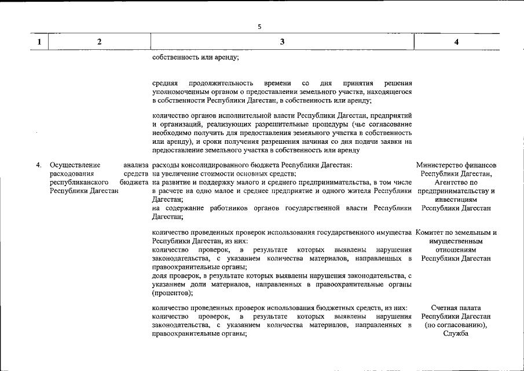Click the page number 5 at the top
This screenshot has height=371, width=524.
click(x=260, y=27)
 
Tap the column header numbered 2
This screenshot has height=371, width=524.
click(x=100, y=42)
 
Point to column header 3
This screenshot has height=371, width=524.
click(x=282, y=42)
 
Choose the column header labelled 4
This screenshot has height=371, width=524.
click(x=457, y=42)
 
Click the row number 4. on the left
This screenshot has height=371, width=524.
click(x=39, y=165)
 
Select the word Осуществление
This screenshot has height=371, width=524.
click(x=75, y=165)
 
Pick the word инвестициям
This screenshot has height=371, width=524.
click(x=456, y=199)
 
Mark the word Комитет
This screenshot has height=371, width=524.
click(x=431, y=233)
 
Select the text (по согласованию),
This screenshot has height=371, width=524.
click(x=456, y=325)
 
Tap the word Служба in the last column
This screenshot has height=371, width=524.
click(x=456, y=333)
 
